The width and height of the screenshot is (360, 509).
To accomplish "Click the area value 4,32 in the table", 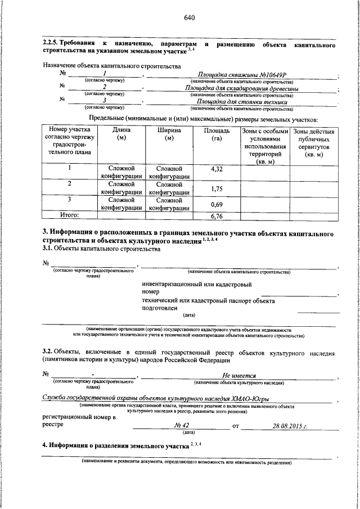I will click(x=217, y=169).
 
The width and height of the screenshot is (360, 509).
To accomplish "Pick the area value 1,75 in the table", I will click(x=217, y=188).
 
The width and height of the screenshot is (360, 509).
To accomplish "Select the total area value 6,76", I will click(x=217, y=215).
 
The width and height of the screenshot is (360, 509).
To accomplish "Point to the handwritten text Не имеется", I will click(x=239, y=376).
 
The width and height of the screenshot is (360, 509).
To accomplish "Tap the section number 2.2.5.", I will click(x=53, y=44).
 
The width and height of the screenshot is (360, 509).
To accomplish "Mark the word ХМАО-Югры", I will click(x=247, y=398).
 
